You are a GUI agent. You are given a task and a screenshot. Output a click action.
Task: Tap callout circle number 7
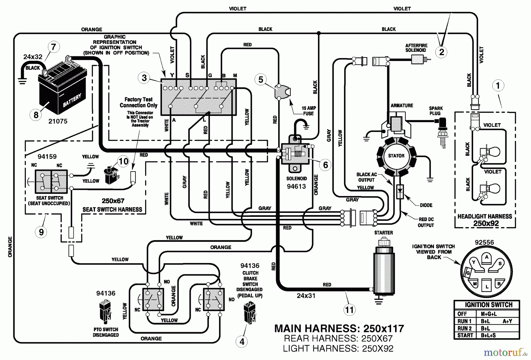(53, 47)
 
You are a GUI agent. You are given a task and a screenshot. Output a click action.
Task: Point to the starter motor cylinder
(383, 271)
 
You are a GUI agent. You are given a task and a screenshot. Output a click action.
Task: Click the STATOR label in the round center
(396, 156)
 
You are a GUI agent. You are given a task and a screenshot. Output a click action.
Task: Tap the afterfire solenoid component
(417, 60)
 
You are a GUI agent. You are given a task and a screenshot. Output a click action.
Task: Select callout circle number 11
(349, 310)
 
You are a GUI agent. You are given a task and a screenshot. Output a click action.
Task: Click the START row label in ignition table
(465, 335)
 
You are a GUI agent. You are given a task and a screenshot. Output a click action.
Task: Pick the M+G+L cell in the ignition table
(489, 314)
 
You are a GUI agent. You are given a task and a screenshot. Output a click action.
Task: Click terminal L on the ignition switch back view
(487, 285)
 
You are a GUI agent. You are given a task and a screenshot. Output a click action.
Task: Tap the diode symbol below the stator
(400, 191)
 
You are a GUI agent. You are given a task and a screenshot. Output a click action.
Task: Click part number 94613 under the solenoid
(296, 186)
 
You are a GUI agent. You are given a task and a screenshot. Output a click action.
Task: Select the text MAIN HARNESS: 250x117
(339, 328)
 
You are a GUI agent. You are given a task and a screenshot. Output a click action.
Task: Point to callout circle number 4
(242, 342)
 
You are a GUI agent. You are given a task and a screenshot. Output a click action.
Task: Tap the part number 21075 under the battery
(58, 121)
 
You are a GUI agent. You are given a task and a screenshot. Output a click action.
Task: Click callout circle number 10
(123, 161)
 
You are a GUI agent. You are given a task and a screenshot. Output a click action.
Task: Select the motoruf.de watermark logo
(505, 352)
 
